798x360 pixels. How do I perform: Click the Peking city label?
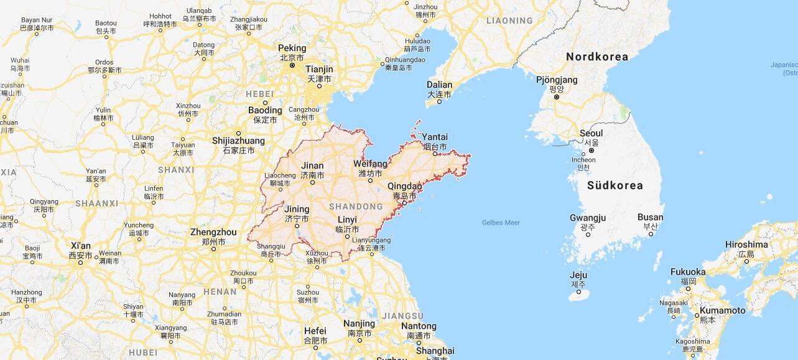(292, 48)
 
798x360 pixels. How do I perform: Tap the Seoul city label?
(591, 133)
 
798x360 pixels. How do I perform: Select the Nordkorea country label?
(596, 57)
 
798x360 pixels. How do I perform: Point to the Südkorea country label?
(615, 185)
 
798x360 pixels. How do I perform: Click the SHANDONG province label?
(356, 206)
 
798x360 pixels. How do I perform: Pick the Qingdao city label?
(404, 186)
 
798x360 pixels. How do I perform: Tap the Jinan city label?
(312, 166)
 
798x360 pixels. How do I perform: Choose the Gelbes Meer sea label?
(501, 223)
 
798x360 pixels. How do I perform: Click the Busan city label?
(650, 217)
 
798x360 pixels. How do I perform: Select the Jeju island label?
(578, 275)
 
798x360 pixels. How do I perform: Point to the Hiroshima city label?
(746, 244)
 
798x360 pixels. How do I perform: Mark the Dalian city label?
(439, 85)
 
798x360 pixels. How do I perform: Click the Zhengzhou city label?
(213, 233)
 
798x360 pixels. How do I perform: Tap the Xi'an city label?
(80, 246)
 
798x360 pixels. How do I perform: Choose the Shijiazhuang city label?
(238, 141)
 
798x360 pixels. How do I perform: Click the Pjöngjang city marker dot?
(557, 96)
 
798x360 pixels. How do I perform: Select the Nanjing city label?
(359, 323)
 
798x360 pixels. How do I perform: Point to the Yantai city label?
(435, 137)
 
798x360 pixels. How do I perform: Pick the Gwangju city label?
(587, 218)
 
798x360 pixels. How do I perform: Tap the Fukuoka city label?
(688, 272)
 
